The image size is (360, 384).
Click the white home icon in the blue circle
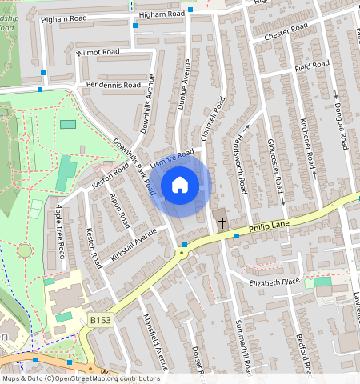coord(180,185)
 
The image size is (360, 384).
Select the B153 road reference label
coord(100,320)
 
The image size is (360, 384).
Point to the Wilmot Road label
coord(98,51)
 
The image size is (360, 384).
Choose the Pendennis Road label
coord(113,84)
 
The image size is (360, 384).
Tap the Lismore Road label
coord(172,159)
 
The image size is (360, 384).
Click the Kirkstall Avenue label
coord(134,238)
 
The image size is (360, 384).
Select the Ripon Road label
coord(118,210)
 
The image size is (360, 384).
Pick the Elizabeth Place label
coord(274,282)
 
